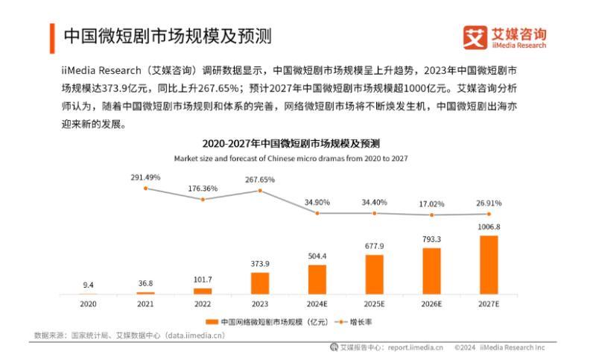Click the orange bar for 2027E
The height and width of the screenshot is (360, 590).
pyautogui.click(x=489, y=265)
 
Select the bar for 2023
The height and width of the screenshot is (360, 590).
pyautogui.click(x=260, y=282)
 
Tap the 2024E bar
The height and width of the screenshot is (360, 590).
pyautogui.click(x=317, y=279)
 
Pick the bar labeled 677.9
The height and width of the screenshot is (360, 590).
pyautogui.click(x=375, y=274)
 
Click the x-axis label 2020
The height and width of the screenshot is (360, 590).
pyautogui.click(x=89, y=304)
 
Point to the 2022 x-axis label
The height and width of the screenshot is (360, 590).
pyautogui.click(x=203, y=304)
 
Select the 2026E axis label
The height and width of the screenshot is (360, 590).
pyautogui.click(x=431, y=304)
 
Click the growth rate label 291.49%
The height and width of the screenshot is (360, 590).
pyautogui.click(x=145, y=177)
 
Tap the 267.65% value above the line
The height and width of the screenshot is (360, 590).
pyautogui.click(x=260, y=180)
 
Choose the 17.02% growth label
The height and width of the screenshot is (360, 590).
pyautogui.click(x=432, y=203)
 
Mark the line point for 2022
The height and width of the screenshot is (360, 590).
pyautogui.click(x=203, y=199)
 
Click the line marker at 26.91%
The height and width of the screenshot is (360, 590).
pyautogui.click(x=489, y=214)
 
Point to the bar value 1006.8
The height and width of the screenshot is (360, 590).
pyautogui.click(x=489, y=227)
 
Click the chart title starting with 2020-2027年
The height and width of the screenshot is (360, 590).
pyautogui.click(x=291, y=143)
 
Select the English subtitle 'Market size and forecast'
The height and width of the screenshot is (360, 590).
pyautogui.click(x=291, y=158)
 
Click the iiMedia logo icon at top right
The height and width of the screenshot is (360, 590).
pyautogui.click(x=475, y=37)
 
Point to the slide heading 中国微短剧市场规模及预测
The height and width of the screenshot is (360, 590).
pyautogui.click(x=166, y=36)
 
